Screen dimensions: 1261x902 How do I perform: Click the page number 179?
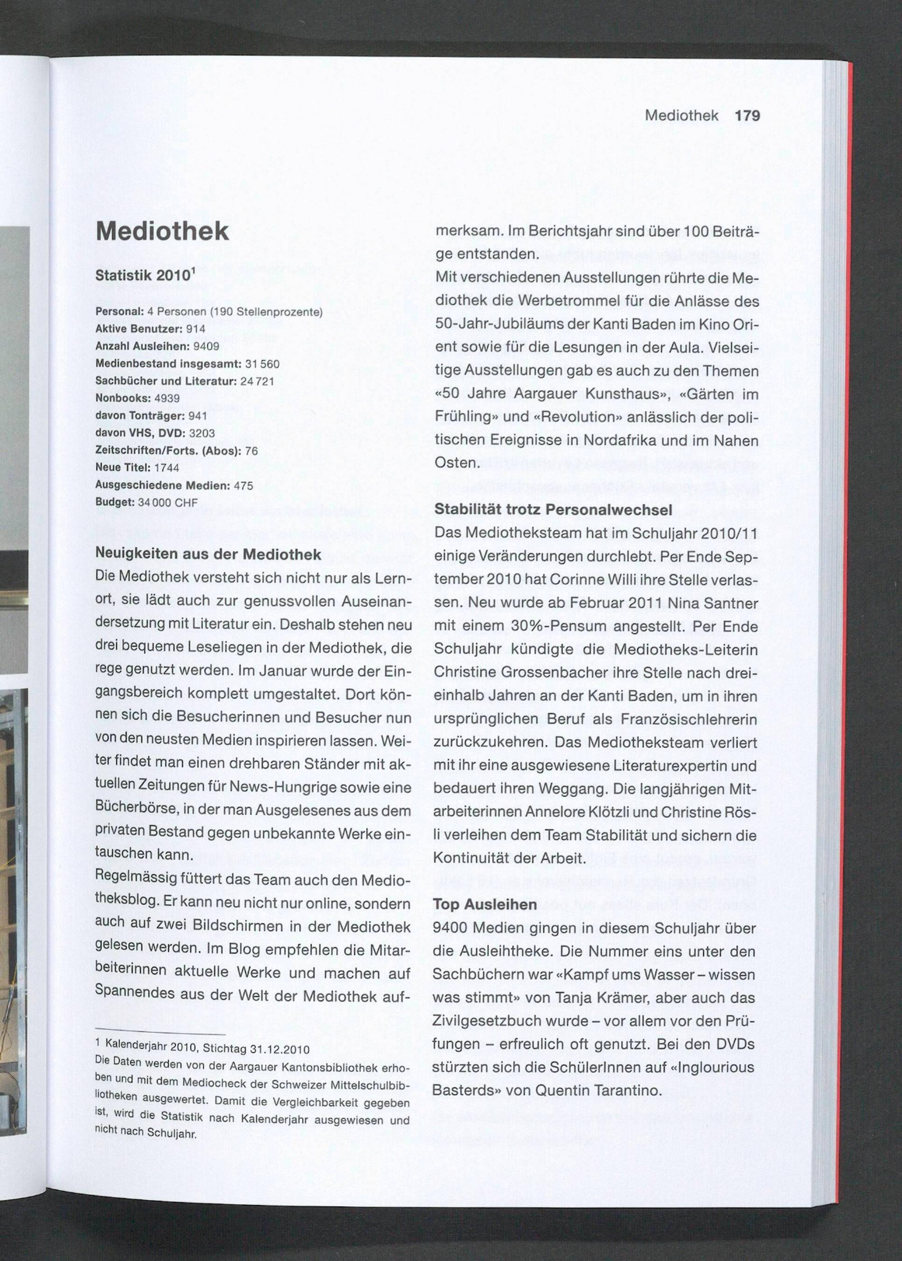(x=747, y=116)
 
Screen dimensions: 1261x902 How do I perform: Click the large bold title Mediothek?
(x=162, y=231)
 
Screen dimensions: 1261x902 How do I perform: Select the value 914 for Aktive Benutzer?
(x=195, y=329)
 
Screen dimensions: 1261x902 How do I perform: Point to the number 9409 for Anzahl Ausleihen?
(x=206, y=346)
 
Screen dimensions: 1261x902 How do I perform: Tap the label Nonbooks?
(x=123, y=398)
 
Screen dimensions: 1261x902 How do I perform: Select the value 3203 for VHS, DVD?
(x=202, y=433)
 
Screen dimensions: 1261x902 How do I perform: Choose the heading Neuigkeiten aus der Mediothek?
(x=208, y=554)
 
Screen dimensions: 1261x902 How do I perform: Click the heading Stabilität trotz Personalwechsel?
(x=553, y=509)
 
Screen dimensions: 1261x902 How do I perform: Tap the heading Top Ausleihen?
(x=485, y=905)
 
